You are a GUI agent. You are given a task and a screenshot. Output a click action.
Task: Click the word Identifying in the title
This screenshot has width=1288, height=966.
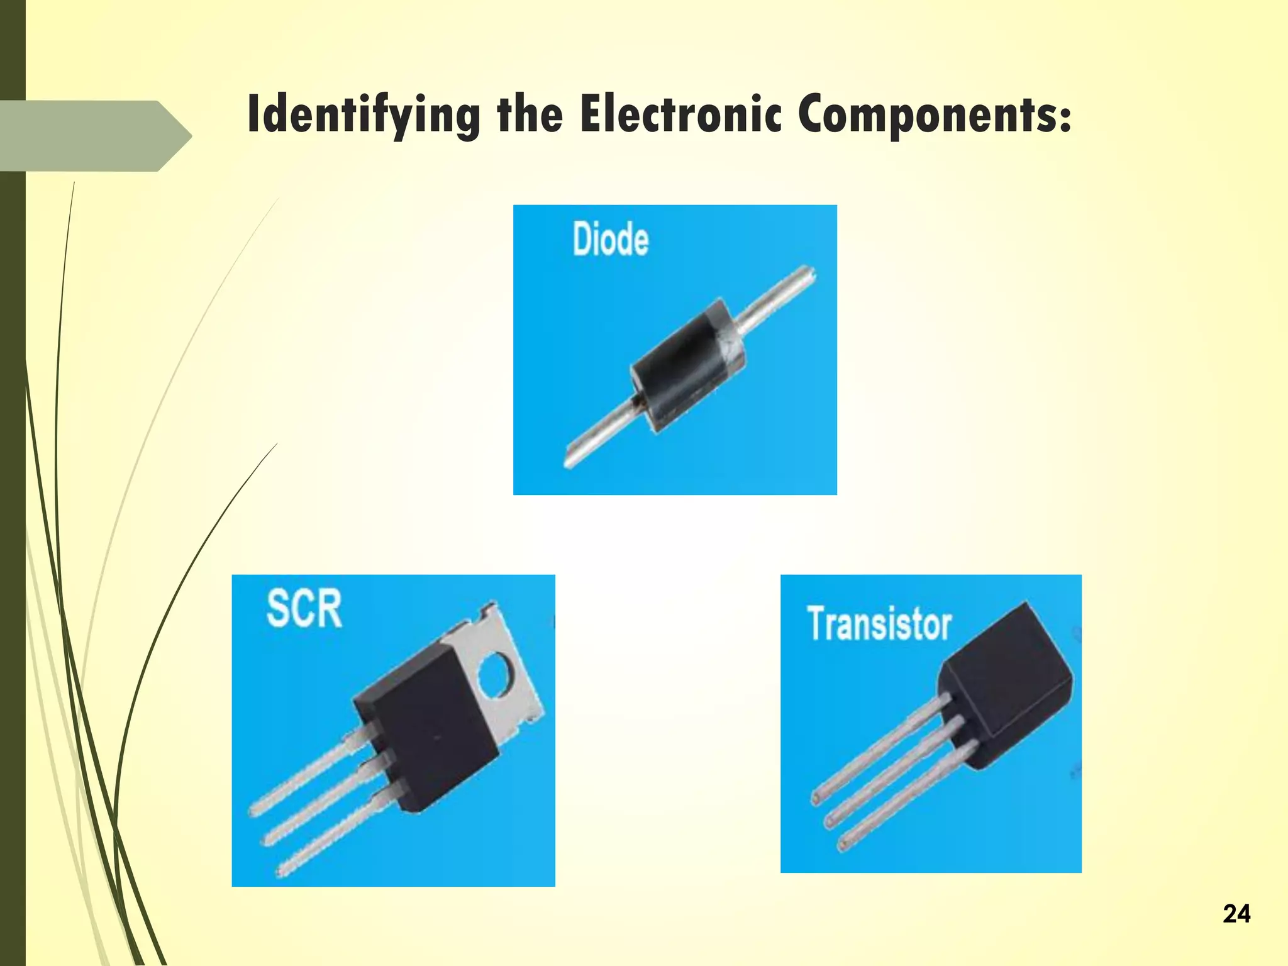364,114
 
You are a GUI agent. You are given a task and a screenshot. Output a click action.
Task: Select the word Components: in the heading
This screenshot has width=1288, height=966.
935,114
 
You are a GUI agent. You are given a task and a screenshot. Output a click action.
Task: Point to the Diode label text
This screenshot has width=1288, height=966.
610,239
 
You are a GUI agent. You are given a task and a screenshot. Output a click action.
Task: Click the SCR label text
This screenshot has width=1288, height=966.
304,608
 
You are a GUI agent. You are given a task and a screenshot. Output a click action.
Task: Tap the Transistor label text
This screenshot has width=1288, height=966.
879,624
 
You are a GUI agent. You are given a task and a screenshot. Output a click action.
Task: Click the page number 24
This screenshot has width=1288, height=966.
1236,913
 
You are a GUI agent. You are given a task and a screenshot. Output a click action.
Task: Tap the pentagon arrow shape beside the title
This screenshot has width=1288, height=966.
94,135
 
